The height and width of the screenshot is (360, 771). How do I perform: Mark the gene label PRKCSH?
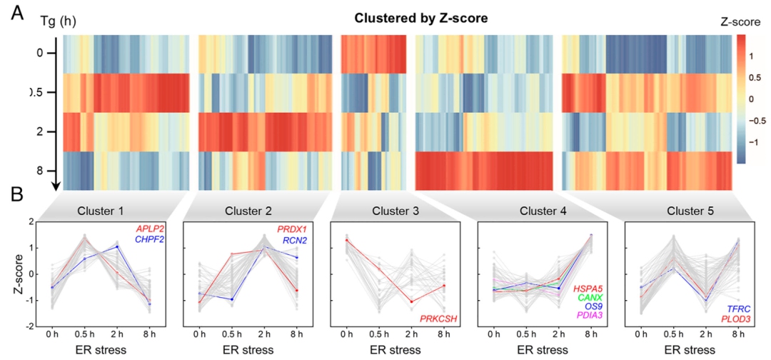pos(438,319)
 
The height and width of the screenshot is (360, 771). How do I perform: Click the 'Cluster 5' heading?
pos(687,211)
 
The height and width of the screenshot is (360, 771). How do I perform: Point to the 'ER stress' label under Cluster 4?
pos(542,350)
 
